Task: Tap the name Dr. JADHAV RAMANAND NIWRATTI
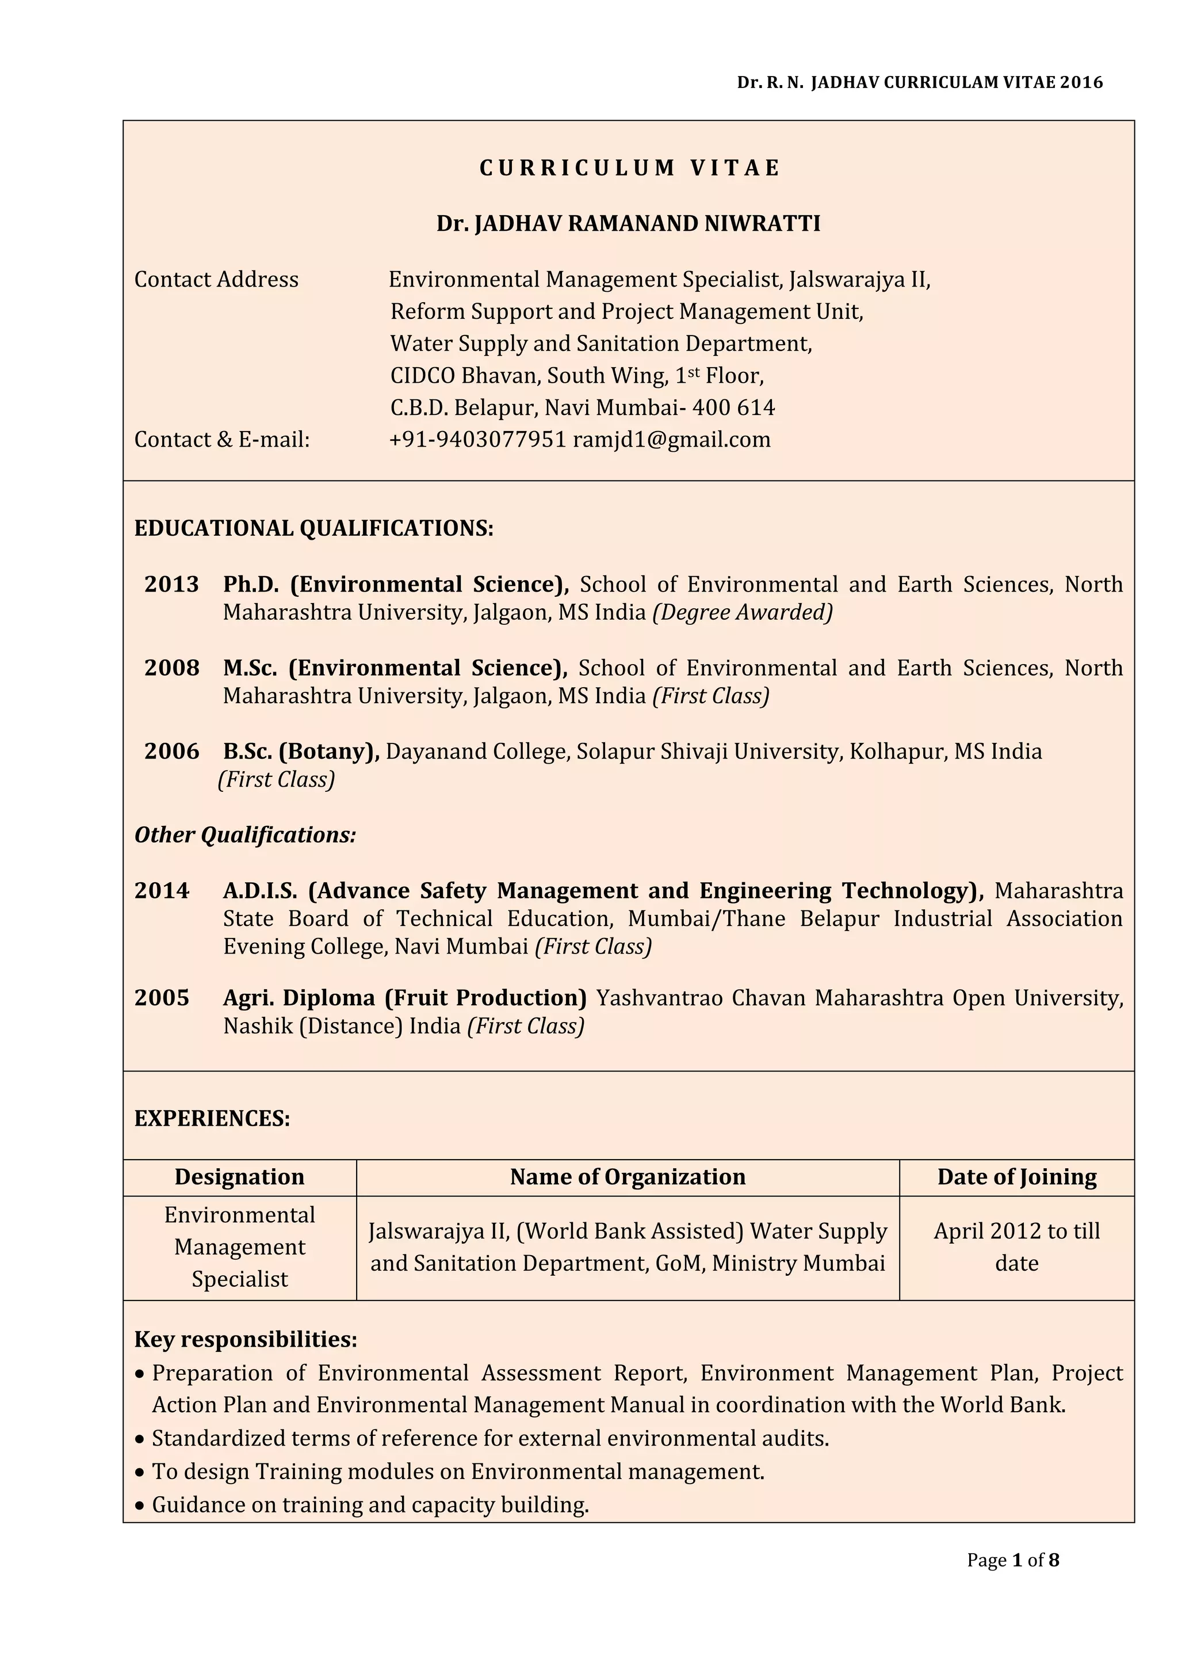click(x=628, y=223)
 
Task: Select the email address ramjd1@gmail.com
click(x=672, y=440)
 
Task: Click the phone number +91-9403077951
click(x=477, y=440)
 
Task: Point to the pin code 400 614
click(x=733, y=408)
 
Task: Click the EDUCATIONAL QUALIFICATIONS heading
click(x=313, y=528)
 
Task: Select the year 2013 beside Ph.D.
click(x=171, y=584)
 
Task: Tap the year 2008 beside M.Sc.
click(x=171, y=668)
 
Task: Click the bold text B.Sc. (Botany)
click(x=301, y=751)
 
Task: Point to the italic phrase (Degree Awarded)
click(x=742, y=612)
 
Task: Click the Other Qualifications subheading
click(x=245, y=835)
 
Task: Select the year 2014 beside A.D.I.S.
click(x=161, y=890)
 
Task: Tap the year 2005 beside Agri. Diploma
click(x=161, y=998)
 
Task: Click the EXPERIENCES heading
click(x=212, y=1118)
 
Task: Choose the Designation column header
click(x=239, y=1177)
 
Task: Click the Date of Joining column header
click(x=1016, y=1177)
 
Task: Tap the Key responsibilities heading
click(x=246, y=1340)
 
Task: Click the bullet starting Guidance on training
click(x=370, y=1505)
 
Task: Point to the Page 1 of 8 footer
click(x=1012, y=1560)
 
